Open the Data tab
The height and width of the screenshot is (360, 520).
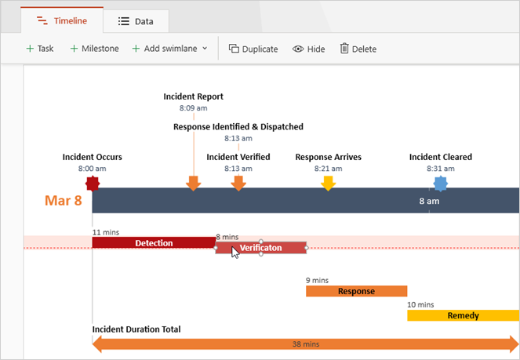click(136, 21)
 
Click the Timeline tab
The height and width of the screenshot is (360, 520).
click(61, 21)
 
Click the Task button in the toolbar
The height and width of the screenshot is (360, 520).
click(39, 49)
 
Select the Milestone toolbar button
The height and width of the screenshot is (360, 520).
click(94, 49)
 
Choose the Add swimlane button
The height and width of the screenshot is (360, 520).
click(169, 49)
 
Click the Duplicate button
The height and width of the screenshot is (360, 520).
click(253, 49)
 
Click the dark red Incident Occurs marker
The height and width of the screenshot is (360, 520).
click(93, 184)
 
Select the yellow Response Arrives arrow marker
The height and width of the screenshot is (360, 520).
click(329, 184)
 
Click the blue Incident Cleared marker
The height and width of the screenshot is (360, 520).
click(441, 184)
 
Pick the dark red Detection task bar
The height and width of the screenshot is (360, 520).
click(154, 243)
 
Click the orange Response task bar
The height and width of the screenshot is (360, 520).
click(356, 291)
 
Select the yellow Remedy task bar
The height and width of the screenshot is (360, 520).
click(463, 315)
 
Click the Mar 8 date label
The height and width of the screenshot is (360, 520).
click(63, 201)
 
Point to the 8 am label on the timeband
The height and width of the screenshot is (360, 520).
click(429, 202)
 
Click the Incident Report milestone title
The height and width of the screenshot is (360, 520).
click(193, 96)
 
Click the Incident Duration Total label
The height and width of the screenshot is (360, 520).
click(136, 329)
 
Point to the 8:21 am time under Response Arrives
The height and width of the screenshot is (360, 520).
click(328, 169)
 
